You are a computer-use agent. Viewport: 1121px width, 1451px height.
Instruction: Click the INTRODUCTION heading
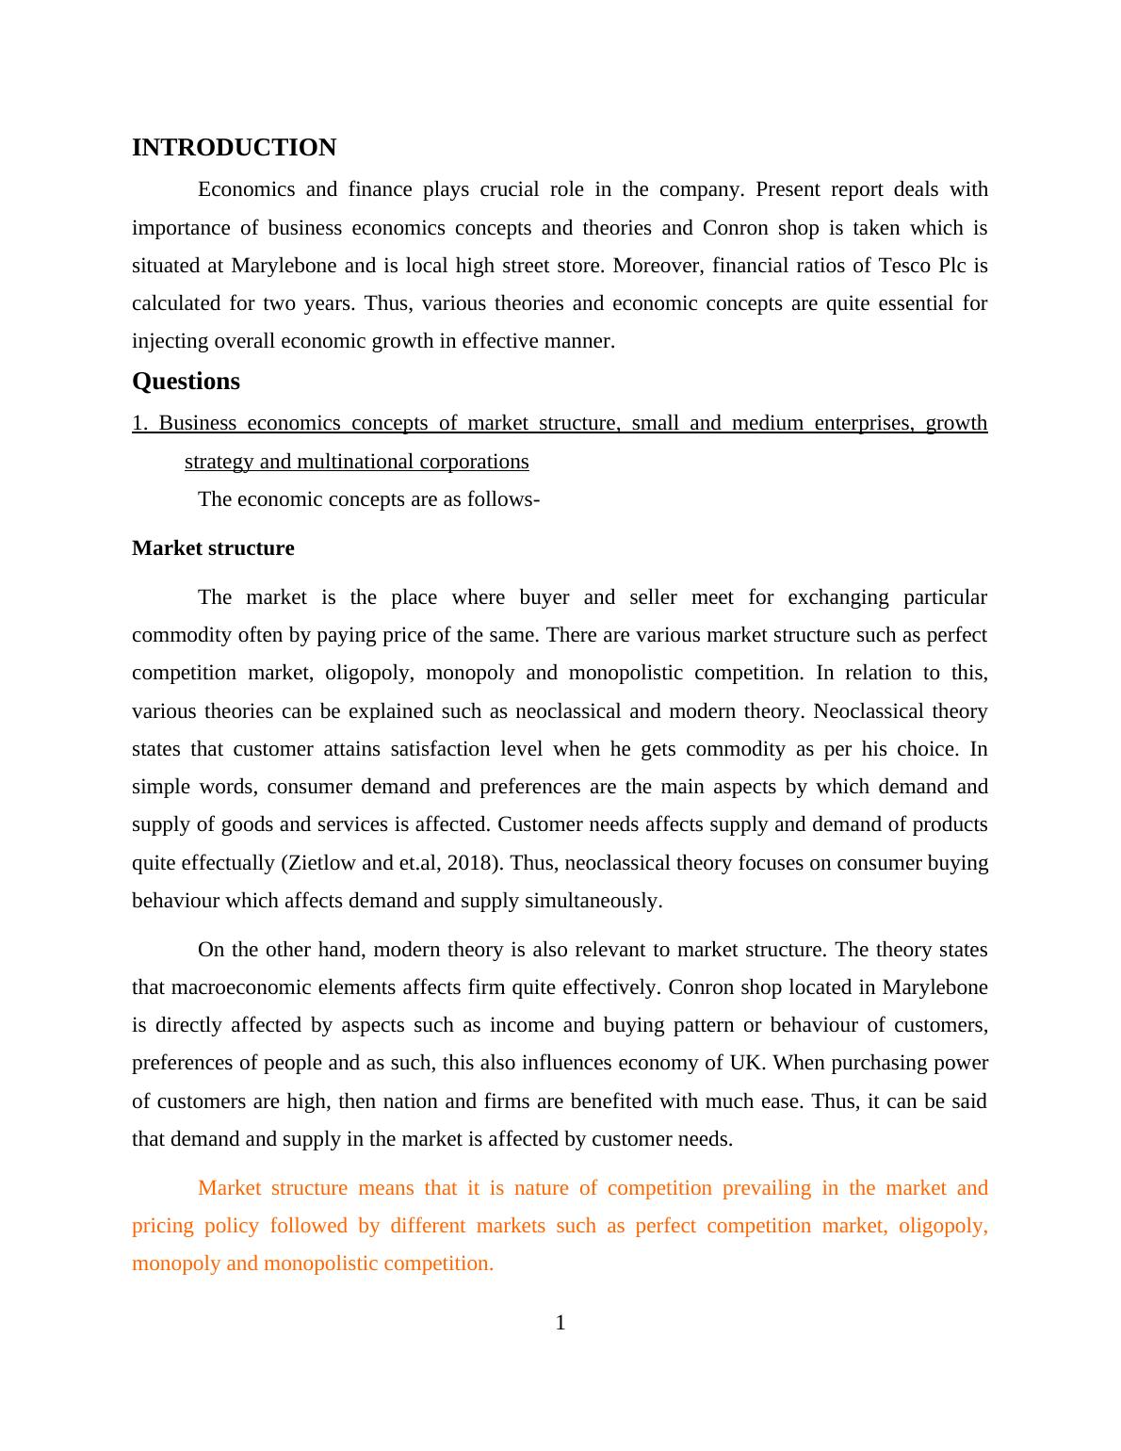tap(234, 148)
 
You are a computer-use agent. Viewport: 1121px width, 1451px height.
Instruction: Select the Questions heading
tap(186, 382)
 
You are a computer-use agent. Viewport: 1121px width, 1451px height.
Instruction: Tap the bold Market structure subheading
tap(213, 548)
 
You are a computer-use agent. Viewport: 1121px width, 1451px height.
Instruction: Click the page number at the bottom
tap(560, 1323)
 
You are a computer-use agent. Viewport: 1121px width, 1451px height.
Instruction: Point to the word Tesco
tap(904, 266)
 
